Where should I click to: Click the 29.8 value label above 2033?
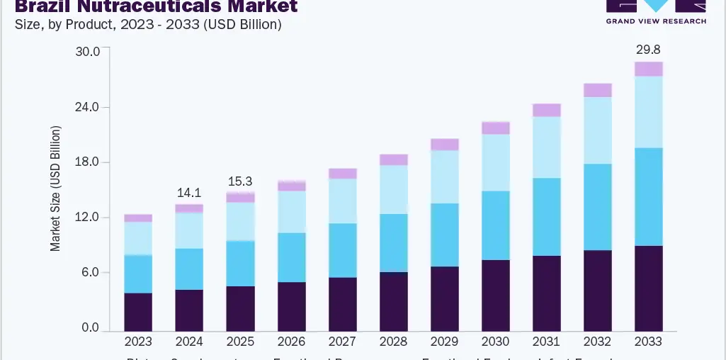pyautogui.click(x=648, y=49)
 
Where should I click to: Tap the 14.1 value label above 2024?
pyautogui.click(x=189, y=192)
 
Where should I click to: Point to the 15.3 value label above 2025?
pyautogui.click(x=240, y=182)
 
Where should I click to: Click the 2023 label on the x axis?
pyautogui.click(x=138, y=342)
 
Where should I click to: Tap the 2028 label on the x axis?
pyautogui.click(x=393, y=342)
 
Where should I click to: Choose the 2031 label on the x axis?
pyautogui.click(x=546, y=342)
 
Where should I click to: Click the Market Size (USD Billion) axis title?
pyautogui.click(x=55, y=189)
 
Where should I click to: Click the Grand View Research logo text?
pyautogui.click(x=655, y=21)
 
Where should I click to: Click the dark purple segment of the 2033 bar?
pyautogui.click(x=648, y=288)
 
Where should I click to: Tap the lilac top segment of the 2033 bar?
pyautogui.click(x=648, y=69)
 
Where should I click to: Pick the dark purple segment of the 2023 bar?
pyautogui.click(x=138, y=311)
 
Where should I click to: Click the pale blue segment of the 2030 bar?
pyautogui.click(x=495, y=162)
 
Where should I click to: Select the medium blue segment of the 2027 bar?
pyautogui.click(x=342, y=250)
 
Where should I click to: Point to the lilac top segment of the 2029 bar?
pyautogui.click(x=444, y=145)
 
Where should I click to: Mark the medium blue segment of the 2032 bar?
pyautogui.click(x=597, y=207)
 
